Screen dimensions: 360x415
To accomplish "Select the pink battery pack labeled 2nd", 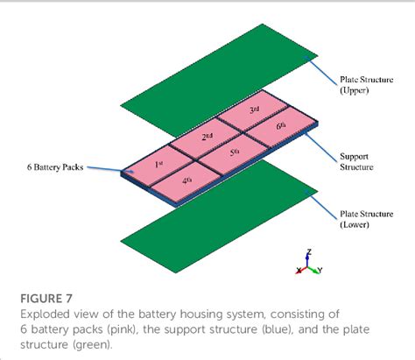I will point(207,138).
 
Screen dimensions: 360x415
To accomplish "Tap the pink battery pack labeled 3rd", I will point(254,111).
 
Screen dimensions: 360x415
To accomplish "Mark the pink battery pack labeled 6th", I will point(279,129).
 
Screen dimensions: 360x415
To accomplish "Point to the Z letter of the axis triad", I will point(308,251).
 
